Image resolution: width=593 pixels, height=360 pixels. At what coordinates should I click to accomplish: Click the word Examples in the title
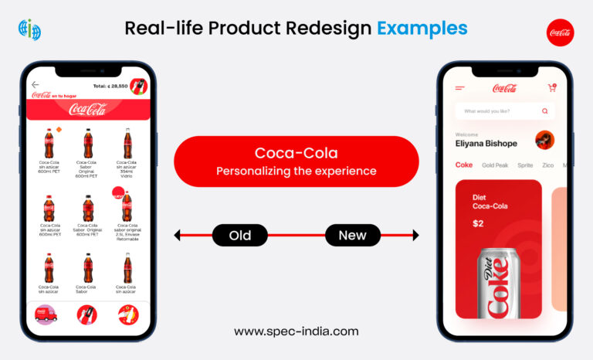coord(422,29)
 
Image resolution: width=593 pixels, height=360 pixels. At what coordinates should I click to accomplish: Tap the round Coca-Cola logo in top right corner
coord(561,32)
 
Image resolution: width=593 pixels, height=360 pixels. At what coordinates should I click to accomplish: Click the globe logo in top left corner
coord(29,30)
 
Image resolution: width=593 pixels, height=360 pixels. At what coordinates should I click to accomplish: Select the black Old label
coord(240,235)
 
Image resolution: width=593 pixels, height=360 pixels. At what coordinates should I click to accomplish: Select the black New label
coord(352,235)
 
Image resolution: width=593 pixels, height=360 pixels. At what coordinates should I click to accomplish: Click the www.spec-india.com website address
coord(296,331)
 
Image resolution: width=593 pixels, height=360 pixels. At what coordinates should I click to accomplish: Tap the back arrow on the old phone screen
coord(36,85)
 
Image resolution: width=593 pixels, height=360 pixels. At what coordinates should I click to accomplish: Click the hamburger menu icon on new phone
coord(460,88)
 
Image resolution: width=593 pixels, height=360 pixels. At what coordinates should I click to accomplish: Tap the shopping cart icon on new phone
coord(552,88)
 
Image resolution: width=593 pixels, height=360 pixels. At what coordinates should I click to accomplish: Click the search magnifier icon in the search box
coord(545,111)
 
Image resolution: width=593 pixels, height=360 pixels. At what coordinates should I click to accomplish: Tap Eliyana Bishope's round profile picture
coord(544,140)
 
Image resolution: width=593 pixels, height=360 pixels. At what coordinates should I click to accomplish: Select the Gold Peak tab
coord(494,165)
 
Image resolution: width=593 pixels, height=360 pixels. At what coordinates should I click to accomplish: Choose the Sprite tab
coord(525,165)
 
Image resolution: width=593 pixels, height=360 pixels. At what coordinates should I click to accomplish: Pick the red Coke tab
coord(464,165)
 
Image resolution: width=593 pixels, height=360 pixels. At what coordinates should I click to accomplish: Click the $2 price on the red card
coord(479,223)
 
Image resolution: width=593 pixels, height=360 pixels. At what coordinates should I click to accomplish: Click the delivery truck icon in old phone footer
coord(46,314)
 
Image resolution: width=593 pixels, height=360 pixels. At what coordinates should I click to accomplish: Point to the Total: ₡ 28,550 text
coord(110,86)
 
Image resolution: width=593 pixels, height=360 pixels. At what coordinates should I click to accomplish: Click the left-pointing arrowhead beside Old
coord(178,235)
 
